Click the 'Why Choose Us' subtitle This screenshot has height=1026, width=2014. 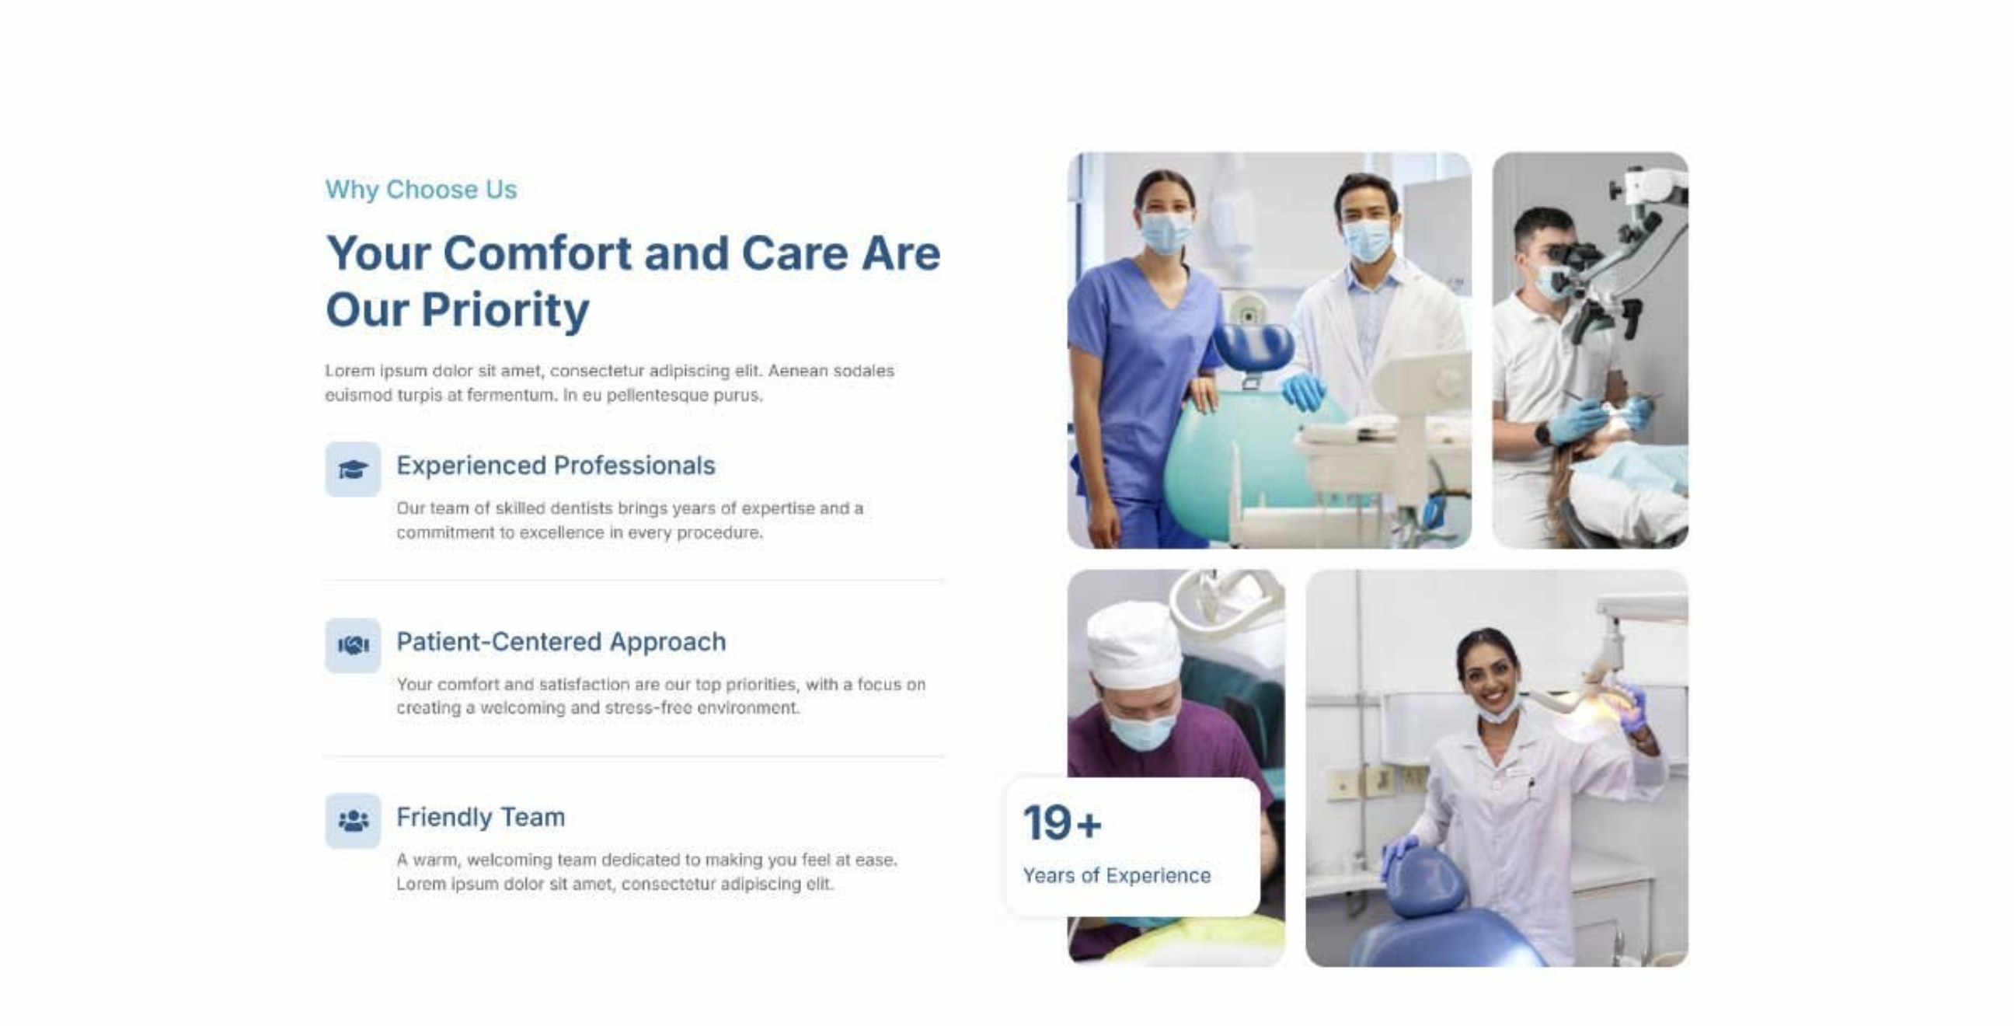[x=420, y=189]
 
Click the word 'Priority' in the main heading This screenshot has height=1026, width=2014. [x=505, y=310]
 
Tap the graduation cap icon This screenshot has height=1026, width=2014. [x=353, y=469]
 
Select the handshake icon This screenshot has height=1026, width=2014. [x=353, y=645]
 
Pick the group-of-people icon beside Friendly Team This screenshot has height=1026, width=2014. [x=353, y=820]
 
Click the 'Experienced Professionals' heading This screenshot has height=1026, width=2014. [x=555, y=466]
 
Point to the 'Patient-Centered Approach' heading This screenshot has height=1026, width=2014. [x=560, y=641]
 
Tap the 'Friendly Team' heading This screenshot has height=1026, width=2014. [x=480, y=816]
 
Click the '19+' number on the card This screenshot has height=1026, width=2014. [x=1061, y=822]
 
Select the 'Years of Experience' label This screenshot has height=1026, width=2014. [x=1117, y=875]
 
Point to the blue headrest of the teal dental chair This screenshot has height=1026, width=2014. [x=1252, y=347]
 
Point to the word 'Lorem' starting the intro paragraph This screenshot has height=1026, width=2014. [x=350, y=371]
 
